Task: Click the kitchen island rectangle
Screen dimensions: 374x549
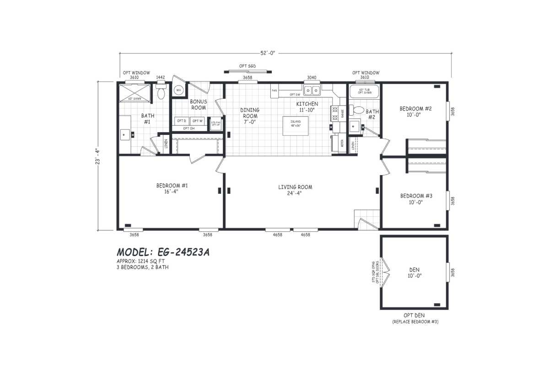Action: coord(295,126)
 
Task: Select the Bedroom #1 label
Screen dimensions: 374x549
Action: coord(172,188)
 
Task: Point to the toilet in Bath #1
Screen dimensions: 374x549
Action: coord(161,93)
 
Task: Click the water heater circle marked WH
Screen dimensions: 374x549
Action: coord(178,90)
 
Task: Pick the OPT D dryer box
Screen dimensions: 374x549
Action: coord(182,121)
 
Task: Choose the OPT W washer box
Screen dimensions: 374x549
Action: coord(197,121)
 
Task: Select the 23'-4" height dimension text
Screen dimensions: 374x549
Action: coord(97,155)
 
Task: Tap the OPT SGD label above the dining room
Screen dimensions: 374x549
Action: coord(248,66)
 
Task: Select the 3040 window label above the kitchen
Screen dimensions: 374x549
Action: coord(312,78)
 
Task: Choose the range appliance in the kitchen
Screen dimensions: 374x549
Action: coord(334,113)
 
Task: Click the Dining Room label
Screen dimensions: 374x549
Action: coord(250,113)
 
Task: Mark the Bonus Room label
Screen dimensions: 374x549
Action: coord(198,104)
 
